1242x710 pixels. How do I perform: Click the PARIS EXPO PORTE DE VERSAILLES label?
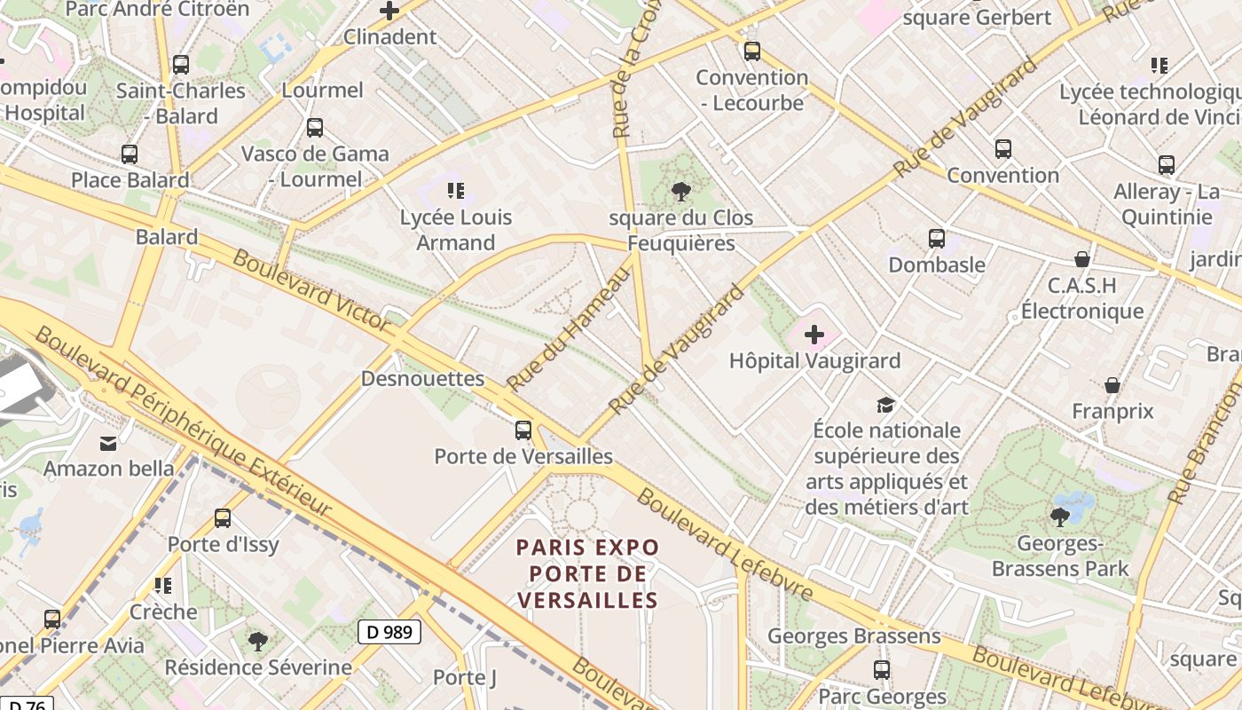tap(588, 573)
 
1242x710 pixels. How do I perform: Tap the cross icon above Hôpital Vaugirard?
tap(814, 335)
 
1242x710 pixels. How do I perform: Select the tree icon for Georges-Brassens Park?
tap(1059, 517)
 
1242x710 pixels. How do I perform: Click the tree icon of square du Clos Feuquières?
tap(681, 191)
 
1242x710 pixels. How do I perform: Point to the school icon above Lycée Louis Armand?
tap(456, 190)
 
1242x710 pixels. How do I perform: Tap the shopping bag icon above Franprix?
tap(1112, 385)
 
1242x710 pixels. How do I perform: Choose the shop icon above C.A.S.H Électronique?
tap(1081, 259)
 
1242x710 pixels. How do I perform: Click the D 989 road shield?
tap(389, 632)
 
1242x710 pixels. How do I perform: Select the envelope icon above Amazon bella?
tap(108, 443)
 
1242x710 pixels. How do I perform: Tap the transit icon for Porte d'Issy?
tap(223, 518)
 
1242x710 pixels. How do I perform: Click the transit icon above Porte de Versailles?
tap(523, 430)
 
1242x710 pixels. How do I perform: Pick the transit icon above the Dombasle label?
tap(937, 239)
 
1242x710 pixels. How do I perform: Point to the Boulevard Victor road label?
tap(310, 290)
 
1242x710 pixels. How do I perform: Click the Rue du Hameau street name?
tap(568, 329)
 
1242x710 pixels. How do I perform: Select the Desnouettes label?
tap(422, 379)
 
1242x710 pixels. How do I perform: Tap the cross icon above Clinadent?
tap(389, 12)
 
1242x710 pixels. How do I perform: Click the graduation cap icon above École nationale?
tap(885, 405)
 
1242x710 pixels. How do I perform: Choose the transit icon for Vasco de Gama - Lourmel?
tap(315, 128)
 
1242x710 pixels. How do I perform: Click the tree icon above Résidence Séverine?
tap(258, 640)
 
